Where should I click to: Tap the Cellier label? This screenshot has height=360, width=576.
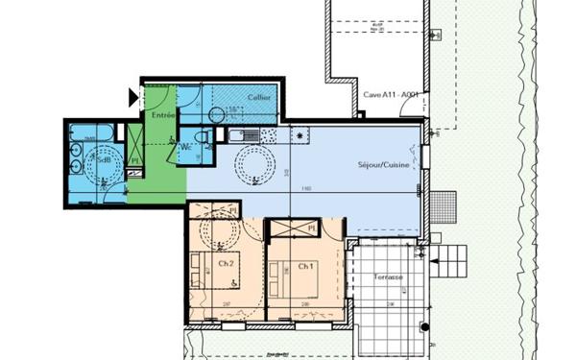point(257,98)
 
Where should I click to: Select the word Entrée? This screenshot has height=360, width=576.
point(162,115)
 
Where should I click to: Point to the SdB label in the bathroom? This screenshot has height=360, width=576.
point(103,159)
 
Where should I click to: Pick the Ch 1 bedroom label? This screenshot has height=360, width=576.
point(305,266)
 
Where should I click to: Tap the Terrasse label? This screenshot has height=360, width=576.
point(389,277)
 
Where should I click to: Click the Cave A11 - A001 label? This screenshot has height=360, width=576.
point(391,94)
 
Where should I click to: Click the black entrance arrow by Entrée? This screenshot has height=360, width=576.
point(133,95)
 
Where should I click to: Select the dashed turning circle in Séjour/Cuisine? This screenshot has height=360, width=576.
point(256,165)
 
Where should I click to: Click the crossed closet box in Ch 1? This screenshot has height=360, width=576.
point(294,228)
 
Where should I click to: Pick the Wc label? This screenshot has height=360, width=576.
point(184,147)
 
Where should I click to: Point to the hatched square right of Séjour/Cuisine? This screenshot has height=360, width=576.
point(444,204)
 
